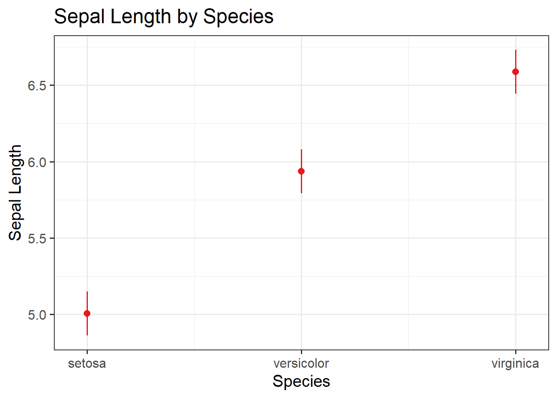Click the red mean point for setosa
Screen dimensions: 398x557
(87, 313)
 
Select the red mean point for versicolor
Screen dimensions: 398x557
(301, 171)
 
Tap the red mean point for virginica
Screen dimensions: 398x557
(516, 72)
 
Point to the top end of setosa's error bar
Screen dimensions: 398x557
(87, 292)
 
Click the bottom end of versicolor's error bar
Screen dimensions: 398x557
(301, 192)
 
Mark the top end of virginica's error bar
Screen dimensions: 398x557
(516, 51)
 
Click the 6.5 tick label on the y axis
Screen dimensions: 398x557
(36, 86)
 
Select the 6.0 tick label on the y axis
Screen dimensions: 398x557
(36, 162)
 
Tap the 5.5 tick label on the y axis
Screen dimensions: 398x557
(36, 239)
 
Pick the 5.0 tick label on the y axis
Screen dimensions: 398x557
(36, 315)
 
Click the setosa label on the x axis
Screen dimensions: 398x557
(87, 364)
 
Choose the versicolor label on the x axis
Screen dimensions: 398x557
(301, 364)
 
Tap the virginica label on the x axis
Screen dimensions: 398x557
(515, 364)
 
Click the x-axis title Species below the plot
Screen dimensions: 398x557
(301, 381)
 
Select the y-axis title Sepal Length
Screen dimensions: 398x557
(15, 192)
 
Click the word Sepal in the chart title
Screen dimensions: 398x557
(79, 17)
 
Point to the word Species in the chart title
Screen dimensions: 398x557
(238, 17)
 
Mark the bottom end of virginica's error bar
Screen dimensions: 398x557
(516, 93)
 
